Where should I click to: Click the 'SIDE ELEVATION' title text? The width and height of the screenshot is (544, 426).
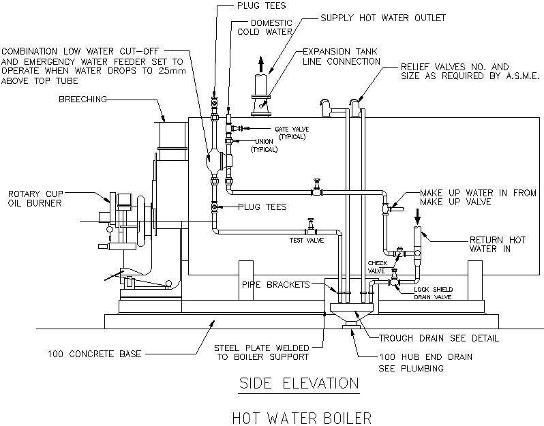tap(298, 383)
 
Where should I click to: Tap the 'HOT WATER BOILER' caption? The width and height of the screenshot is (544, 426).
tap(299, 415)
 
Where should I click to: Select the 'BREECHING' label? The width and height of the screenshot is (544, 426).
tap(82, 100)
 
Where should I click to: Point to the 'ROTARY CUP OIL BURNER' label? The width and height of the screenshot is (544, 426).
tap(34, 198)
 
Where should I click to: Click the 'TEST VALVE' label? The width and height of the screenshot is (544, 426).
tap(305, 239)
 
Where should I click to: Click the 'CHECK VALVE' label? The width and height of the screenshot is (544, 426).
tap(377, 266)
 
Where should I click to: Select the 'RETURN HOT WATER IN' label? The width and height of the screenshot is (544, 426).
tap(497, 245)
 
